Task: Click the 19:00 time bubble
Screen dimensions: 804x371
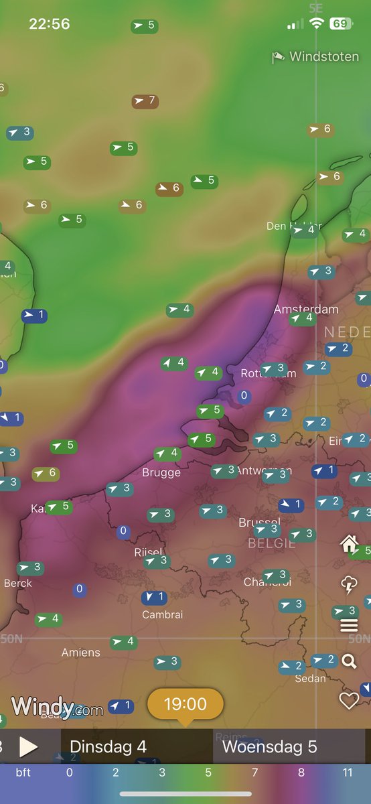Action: (x=185, y=704)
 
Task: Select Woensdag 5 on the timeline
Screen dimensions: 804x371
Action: (x=269, y=746)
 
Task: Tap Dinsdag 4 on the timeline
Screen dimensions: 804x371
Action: (x=108, y=746)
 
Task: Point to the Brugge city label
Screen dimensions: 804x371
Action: (x=161, y=472)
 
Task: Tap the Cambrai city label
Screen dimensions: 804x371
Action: (x=162, y=614)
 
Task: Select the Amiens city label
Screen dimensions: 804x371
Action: (x=81, y=652)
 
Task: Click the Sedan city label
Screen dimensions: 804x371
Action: (x=310, y=678)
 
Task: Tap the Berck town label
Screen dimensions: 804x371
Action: (x=17, y=583)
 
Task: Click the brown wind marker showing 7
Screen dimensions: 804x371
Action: (x=145, y=102)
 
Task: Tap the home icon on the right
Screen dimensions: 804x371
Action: (x=349, y=543)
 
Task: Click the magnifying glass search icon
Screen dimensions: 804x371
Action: (x=349, y=662)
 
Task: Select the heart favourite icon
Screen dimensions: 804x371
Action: (x=349, y=701)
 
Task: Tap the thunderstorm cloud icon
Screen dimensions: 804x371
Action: (x=349, y=585)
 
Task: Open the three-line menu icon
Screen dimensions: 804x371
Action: (x=349, y=626)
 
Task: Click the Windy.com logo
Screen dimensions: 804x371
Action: (x=57, y=706)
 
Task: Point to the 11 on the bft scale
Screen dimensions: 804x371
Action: (x=348, y=773)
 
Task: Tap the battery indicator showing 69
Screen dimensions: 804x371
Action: (x=340, y=24)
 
